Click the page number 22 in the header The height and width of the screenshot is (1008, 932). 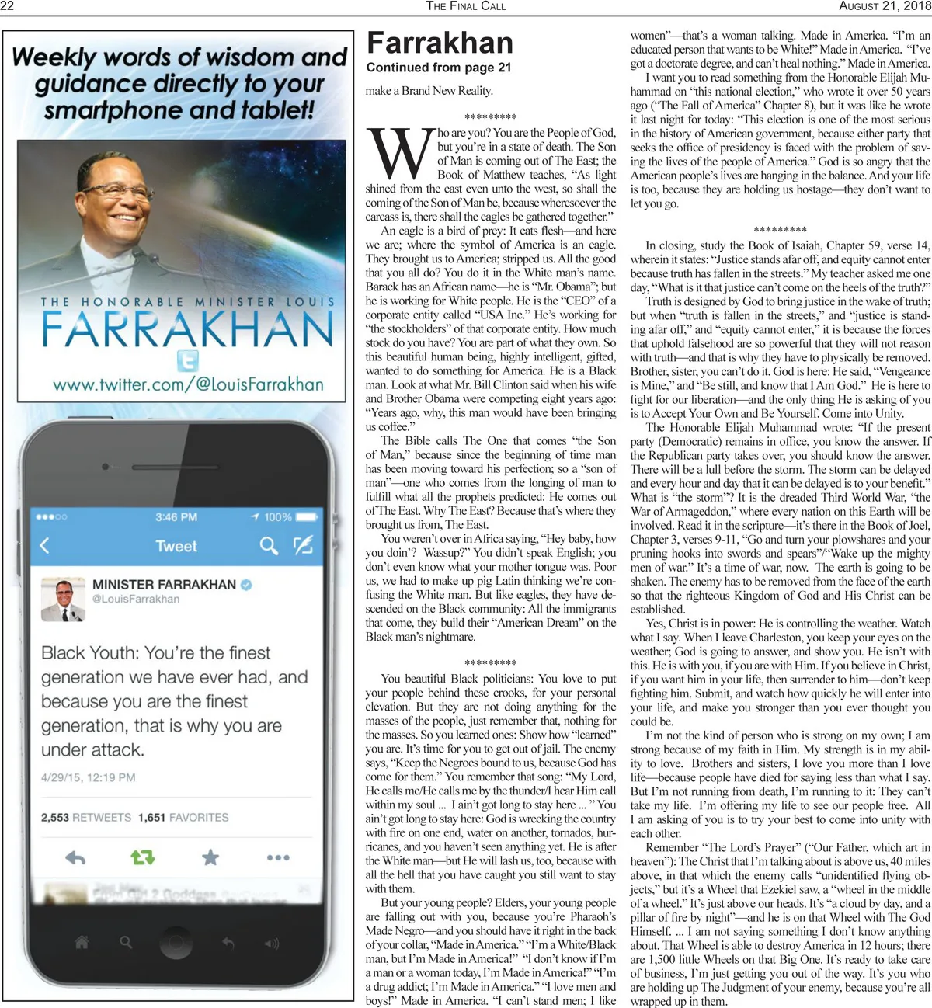click(x=8, y=6)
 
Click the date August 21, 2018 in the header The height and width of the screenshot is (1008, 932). click(x=885, y=6)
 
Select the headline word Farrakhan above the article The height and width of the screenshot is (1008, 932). click(x=440, y=43)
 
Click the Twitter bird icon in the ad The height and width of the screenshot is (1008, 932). click(x=187, y=360)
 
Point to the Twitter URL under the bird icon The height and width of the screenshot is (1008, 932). click(x=188, y=384)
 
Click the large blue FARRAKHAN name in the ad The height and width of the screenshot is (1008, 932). click(x=188, y=328)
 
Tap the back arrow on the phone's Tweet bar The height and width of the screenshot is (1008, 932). click(x=45, y=545)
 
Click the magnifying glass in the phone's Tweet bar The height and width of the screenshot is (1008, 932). click(x=269, y=546)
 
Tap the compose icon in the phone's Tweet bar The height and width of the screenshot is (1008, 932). click(x=303, y=545)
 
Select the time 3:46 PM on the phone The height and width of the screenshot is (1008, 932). click(x=176, y=517)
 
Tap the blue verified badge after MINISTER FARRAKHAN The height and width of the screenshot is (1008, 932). click(x=247, y=585)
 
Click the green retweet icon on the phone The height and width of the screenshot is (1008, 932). click(x=143, y=857)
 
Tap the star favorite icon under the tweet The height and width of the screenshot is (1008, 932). click(x=210, y=857)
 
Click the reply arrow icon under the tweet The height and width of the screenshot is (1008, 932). click(x=75, y=857)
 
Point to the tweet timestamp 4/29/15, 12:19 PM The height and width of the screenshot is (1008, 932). click(x=89, y=777)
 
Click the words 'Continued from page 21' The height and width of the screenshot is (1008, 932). click(x=439, y=68)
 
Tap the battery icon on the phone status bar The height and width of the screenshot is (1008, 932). click(x=307, y=516)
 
